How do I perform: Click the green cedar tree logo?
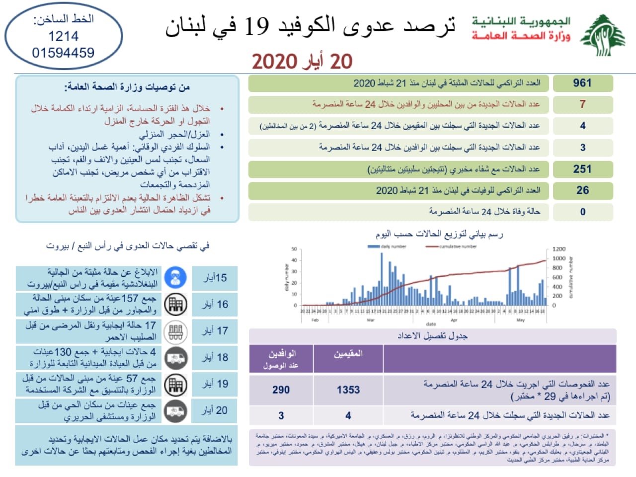603,35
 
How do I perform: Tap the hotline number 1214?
63,36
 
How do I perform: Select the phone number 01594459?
63,53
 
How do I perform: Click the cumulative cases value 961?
582,83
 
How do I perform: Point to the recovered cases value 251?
582,169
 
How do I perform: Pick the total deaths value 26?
582,190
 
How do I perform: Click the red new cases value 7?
582,104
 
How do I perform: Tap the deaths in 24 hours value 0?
582,212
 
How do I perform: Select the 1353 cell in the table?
348,390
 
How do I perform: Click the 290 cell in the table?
281,390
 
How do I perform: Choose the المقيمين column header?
348,354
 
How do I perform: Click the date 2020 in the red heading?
274,62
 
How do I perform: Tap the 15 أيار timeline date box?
215,278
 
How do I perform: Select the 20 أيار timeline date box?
215,410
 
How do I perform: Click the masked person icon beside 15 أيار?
176,278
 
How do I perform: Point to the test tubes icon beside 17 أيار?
176,331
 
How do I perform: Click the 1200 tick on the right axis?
559,249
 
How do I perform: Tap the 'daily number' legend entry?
387,246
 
